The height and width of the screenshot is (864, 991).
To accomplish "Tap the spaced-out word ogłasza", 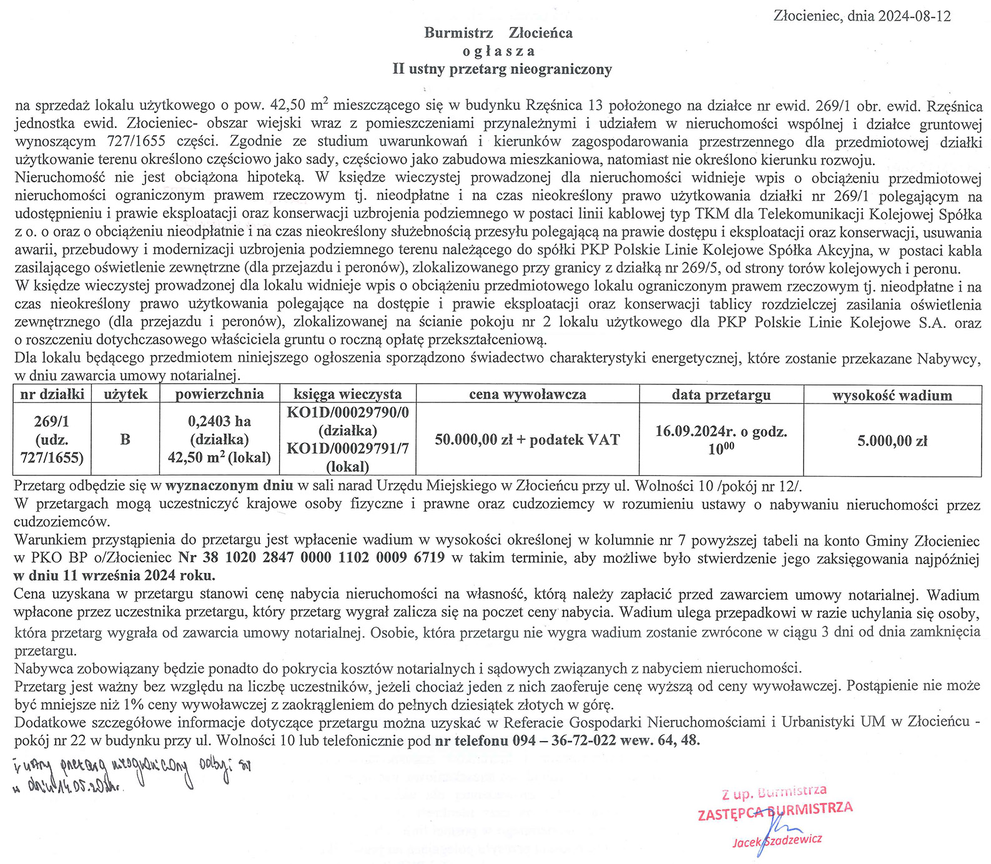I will (499, 51).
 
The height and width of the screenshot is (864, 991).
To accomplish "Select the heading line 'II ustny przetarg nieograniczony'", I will (501, 69).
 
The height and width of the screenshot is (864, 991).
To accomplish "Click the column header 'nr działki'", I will (52, 394).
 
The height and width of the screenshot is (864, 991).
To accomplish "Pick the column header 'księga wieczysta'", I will (347, 394).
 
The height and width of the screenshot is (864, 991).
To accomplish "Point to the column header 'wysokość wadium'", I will (892, 395).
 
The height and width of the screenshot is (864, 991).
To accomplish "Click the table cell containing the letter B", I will (125, 439).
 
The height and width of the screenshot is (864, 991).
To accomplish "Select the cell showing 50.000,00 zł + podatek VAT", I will (527, 440).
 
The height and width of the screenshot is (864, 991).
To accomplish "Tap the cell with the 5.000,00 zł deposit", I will (892, 440).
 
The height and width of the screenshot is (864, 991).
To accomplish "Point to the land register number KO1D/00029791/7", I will (347, 449).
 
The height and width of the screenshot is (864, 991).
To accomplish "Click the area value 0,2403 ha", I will (219, 421).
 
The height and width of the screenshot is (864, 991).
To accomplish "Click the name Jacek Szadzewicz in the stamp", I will (777, 841).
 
